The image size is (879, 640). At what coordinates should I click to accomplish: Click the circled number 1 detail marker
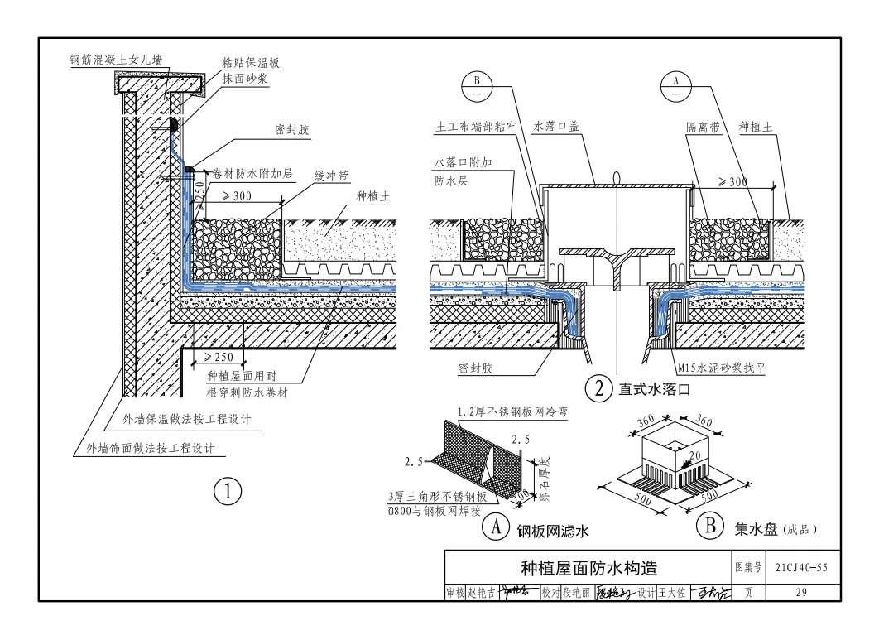(227, 490)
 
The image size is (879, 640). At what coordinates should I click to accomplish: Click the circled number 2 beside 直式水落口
(597, 387)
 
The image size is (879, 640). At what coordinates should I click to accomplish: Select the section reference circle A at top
(676, 85)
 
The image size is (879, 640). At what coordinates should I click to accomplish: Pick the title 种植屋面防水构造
(588, 568)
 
